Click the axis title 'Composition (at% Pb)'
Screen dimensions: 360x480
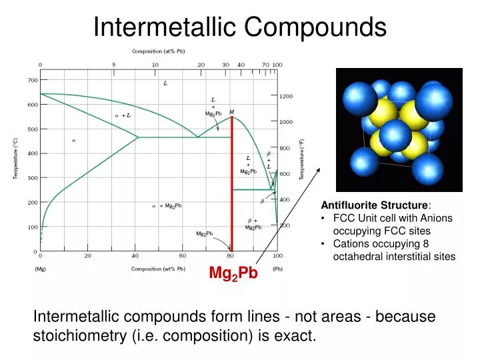click(158, 51)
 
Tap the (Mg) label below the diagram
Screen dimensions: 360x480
click(40, 269)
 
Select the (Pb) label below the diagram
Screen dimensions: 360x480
click(277, 269)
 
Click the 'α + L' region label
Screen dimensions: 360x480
click(123, 115)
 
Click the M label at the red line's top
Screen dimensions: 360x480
click(231, 111)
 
